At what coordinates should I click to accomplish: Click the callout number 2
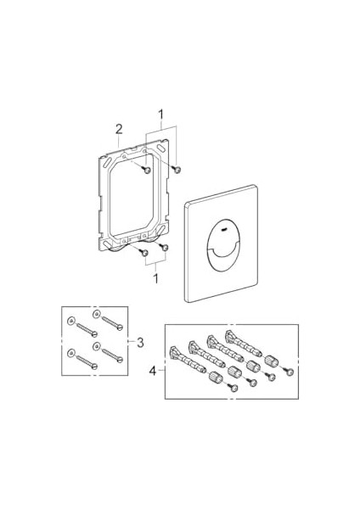click(x=119, y=129)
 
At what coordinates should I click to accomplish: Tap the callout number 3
click(x=140, y=342)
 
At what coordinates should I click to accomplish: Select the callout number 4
click(x=153, y=371)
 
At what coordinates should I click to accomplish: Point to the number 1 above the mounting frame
click(x=160, y=115)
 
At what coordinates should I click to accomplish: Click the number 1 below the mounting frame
click(x=156, y=278)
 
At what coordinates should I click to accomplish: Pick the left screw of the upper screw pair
click(x=146, y=169)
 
